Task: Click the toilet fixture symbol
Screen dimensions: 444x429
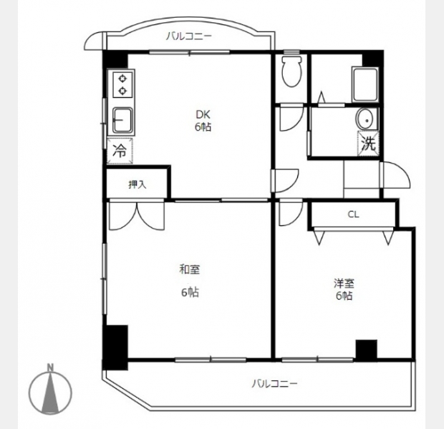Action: (x=291, y=71)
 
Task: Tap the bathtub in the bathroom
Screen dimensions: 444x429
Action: (x=365, y=85)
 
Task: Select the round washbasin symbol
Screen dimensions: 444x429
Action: (x=367, y=119)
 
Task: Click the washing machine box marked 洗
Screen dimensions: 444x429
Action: (x=368, y=144)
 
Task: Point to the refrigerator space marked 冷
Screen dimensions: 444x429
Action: (x=120, y=151)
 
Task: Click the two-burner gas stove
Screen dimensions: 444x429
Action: (x=122, y=84)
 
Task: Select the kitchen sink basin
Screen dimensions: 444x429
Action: (x=122, y=120)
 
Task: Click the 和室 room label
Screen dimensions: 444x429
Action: (x=190, y=270)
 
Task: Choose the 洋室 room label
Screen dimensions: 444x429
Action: (x=344, y=283)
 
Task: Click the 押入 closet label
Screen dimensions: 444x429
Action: (x=137, y=184)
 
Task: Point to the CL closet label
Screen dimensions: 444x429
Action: (x=353, y=214)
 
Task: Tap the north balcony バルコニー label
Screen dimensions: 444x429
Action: (x=189, y=36)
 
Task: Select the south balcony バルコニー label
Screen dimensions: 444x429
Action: (x=275, y=384)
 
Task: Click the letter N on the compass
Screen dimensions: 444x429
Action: (x=50, y=368)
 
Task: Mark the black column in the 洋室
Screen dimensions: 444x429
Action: (x=367, y=350)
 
